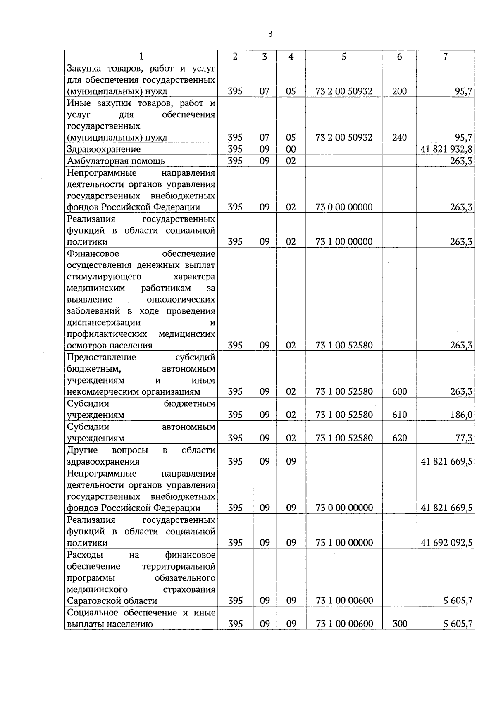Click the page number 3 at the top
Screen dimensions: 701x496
270,34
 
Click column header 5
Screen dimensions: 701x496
343,57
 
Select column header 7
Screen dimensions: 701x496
445,57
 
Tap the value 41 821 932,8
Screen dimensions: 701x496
446,149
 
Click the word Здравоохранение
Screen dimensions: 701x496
104,149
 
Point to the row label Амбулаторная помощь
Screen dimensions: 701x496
116,161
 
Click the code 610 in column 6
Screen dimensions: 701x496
399,415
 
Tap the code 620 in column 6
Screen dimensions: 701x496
399,438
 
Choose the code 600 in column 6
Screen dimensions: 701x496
399,391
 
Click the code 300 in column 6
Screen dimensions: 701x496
399,624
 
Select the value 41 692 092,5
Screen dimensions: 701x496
446,543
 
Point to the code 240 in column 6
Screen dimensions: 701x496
399,137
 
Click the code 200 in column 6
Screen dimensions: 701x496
399,91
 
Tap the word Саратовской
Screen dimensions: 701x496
92,601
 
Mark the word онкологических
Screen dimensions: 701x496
181,299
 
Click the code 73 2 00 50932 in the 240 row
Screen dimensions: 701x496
343,137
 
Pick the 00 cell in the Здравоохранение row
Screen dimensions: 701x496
291,149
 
